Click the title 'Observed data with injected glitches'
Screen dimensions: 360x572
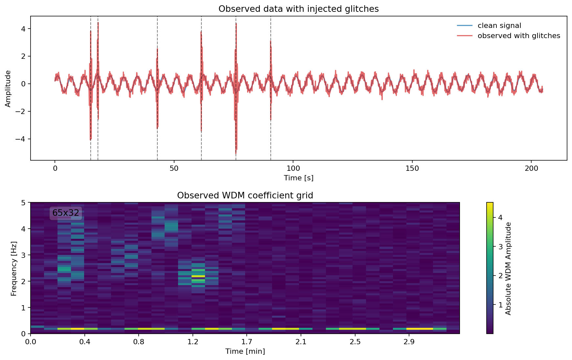298,9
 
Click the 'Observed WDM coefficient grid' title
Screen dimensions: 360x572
245,196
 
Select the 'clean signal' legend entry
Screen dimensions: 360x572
499,26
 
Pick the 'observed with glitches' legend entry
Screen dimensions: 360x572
518,36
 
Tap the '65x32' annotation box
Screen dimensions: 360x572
66,213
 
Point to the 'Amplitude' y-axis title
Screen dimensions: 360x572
8,89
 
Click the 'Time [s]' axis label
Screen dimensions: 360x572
298,178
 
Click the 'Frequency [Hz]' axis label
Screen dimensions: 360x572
13,268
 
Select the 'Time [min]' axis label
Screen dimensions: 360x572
245,351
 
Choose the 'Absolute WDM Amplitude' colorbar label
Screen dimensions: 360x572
508,268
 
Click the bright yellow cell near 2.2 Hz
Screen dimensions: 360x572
198,276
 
